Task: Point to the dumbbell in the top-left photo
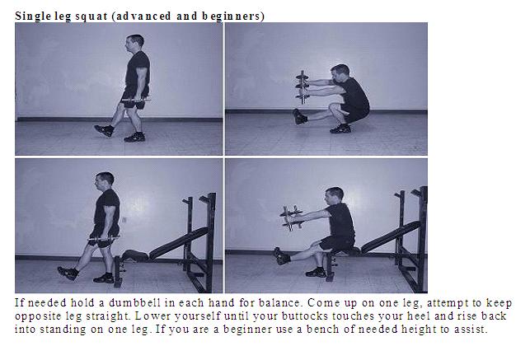[134, 101]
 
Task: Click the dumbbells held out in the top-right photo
[303, 86]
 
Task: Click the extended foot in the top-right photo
[299, 117]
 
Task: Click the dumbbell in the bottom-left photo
[105, 240]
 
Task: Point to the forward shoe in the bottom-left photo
[67, 272]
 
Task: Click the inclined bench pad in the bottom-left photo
[177, 243]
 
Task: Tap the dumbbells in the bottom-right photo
[291, 217]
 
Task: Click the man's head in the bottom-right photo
[333, 196]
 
